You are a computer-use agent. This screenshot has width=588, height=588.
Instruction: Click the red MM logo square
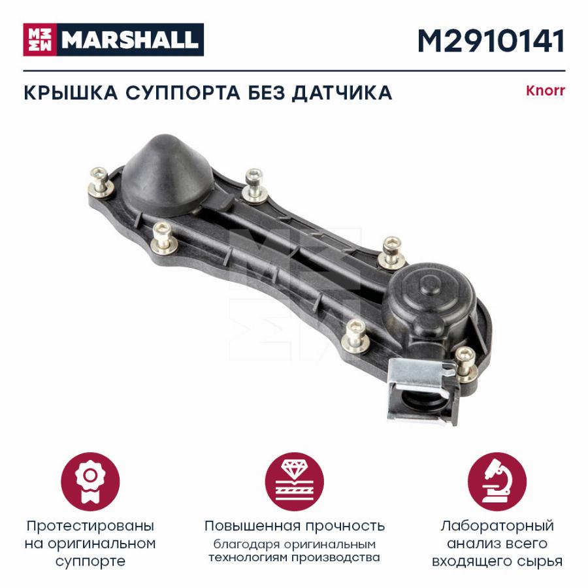pyautogui.click(x=40, y=40)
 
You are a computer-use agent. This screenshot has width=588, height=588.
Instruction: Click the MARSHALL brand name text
pyautogui.click(x=130, y=40)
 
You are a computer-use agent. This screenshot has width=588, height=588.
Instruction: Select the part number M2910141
pyautogui.click(x=491, y=41)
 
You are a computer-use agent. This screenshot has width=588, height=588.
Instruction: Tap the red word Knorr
pyautogui.click(x=546, y=91)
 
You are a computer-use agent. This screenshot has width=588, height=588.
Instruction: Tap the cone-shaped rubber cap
pyautogui.click(x=167, y=174)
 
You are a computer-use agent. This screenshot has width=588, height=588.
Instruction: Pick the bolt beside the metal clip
pyautogui.click(x=466, y=364)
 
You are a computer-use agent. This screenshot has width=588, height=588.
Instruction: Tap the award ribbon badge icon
pyautogui.click(x=90, y=482)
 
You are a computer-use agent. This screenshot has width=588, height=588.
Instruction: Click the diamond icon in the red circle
pyautogui.click(x=295, y=482)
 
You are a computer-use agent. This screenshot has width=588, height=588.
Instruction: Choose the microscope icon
pyautogui.click(x=497, y=482)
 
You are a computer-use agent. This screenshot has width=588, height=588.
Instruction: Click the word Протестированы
pyautogui.click(x=90, y=526)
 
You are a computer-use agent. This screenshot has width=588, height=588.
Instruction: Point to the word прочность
pyautogui.click(x=345, y=526)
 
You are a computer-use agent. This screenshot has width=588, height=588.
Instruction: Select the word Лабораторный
pyautogui.click(x=497, y=526)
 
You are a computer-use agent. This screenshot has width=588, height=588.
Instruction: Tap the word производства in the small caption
pyautogui.click(x=336, y=558)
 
